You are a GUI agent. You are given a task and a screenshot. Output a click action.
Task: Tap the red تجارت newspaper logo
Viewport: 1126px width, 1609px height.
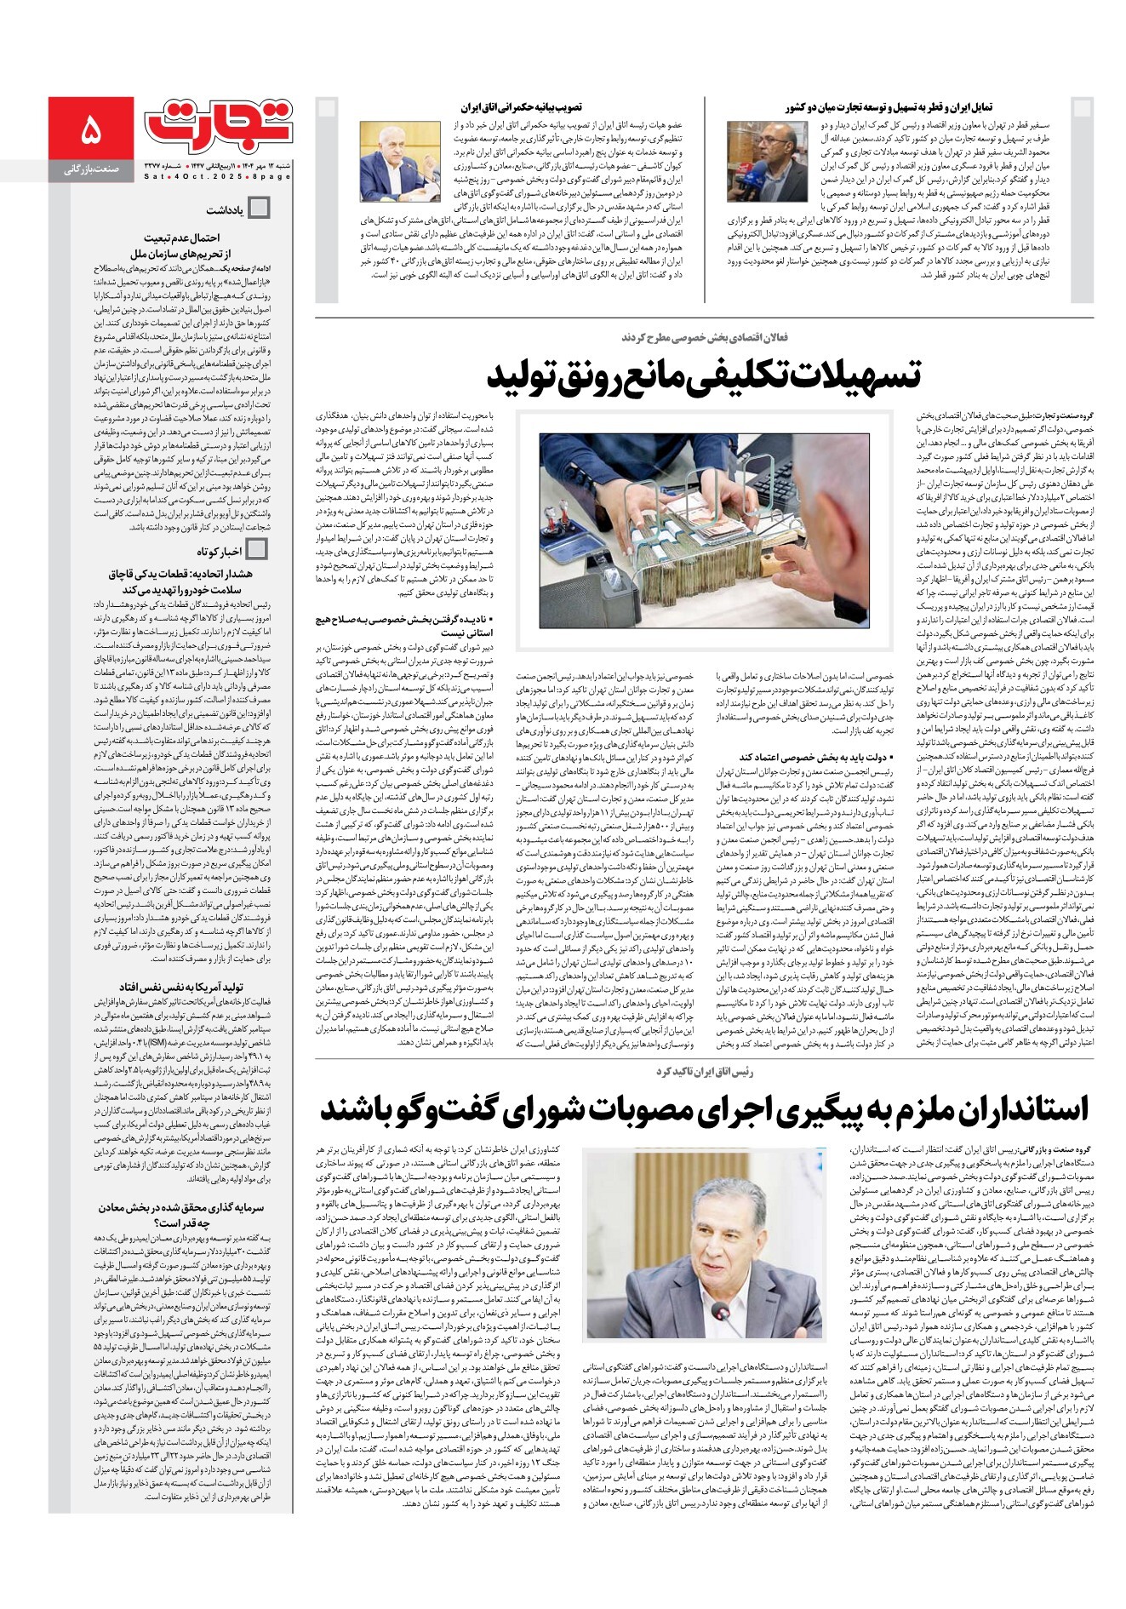219,124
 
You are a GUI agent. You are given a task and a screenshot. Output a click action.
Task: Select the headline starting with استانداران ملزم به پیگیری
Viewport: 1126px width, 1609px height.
705,1109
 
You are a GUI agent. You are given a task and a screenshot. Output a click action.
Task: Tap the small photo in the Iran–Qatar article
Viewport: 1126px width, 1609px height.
755,162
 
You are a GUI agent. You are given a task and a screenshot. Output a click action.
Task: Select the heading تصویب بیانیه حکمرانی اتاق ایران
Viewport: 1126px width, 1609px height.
521,107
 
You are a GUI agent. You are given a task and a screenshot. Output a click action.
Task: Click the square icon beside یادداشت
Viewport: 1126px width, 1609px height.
258,208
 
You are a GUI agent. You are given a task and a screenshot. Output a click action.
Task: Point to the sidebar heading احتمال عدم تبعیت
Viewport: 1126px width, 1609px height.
181,238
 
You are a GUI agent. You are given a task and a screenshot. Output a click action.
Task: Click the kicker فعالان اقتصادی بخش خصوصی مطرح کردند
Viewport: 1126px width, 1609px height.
704,337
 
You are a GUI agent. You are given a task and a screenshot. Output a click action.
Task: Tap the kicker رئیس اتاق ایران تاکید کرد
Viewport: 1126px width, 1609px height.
704,1071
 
